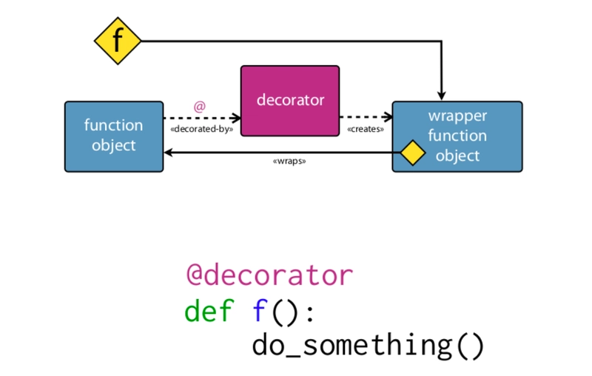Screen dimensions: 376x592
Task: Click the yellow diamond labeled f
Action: [118, 40]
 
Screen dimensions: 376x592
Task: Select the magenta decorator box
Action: [290, 100]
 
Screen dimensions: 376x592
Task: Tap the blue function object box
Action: [114, 136]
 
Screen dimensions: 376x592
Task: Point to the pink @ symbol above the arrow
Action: [199, 107]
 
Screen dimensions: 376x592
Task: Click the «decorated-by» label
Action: [202, 129]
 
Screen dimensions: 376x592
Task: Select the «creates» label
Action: [366, 129]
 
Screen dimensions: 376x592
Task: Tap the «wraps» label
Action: [289, 161]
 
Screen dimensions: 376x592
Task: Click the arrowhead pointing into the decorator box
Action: [236, 117]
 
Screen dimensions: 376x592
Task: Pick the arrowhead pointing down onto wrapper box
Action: [442, 95]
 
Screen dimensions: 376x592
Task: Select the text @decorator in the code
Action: [269, 275]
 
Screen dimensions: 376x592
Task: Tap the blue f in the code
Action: [259, 310]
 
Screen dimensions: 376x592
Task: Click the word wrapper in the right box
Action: [457, 116]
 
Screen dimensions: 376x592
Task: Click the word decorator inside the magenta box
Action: [290, 99]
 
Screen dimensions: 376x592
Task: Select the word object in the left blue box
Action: [114, 145]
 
